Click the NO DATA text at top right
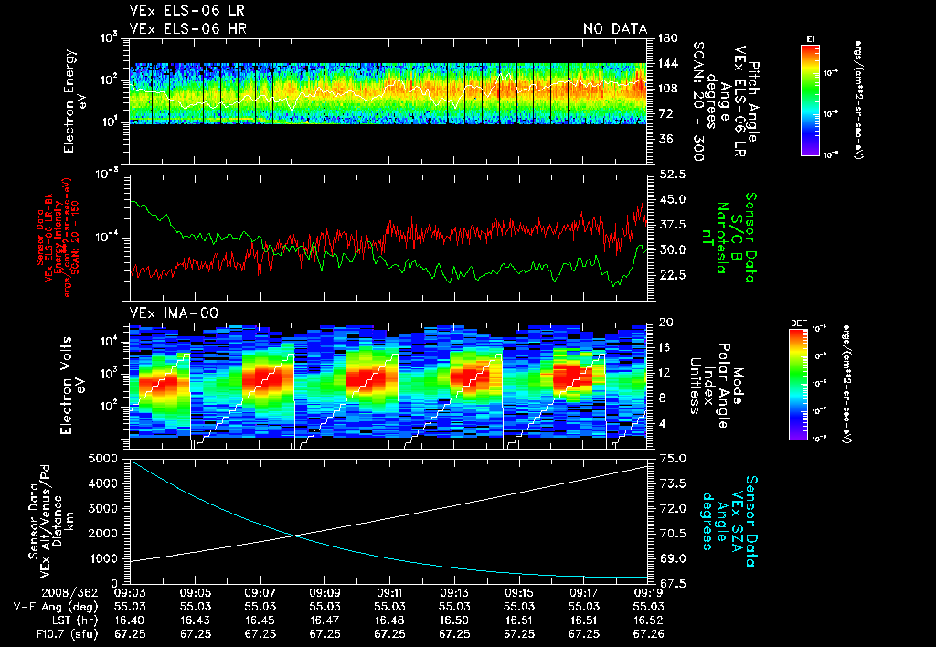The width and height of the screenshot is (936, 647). (614, 28)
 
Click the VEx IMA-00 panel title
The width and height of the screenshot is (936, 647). (174, 313)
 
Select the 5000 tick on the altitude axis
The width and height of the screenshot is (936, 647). (104, 458)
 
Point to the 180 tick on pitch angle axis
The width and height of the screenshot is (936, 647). (666, 38)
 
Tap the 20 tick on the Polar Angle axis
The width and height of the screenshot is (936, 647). (665, 323)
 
